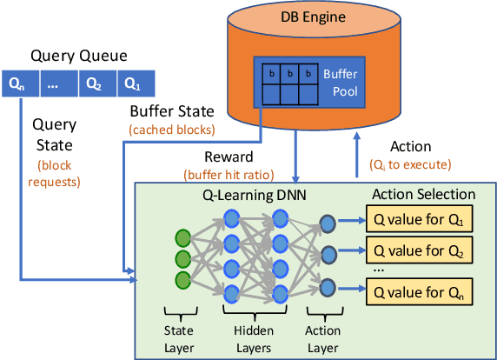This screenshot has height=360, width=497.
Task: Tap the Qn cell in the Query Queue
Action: tap(18, 84)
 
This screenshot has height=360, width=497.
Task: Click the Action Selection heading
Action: tap(423, 194)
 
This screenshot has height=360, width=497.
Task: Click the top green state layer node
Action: tap(182, 237)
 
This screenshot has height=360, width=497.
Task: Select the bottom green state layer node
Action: tap(182, 279)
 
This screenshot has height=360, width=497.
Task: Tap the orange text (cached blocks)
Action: tap(171, 130)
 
